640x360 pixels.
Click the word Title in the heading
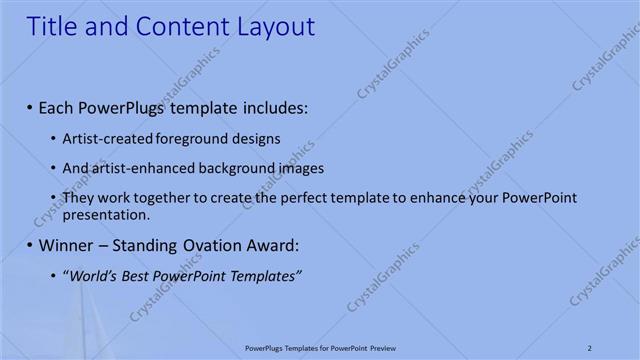pyautogui.click(x=51, y=27)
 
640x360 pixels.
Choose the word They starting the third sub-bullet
pyautogui.click(x=78, y=198)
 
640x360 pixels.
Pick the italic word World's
pyautogui.click(x=94, y=275)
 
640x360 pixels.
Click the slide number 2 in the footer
pyautogui.click(x=589, y=348)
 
